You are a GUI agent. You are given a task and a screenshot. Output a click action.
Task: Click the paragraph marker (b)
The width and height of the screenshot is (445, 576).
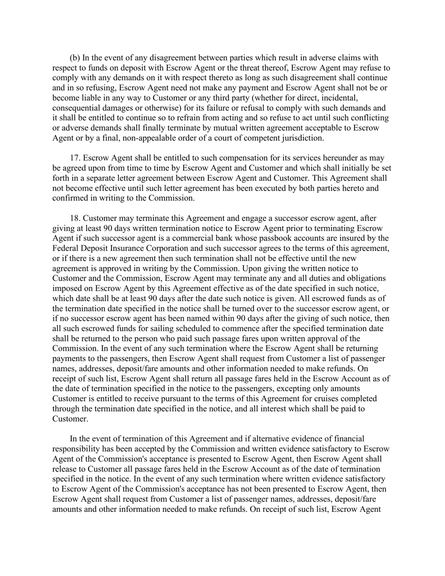coord(75,58)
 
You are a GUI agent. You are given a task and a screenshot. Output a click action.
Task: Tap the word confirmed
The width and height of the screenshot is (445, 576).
coord(70,198)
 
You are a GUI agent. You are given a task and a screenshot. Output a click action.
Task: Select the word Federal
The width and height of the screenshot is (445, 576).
coord(65,248)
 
